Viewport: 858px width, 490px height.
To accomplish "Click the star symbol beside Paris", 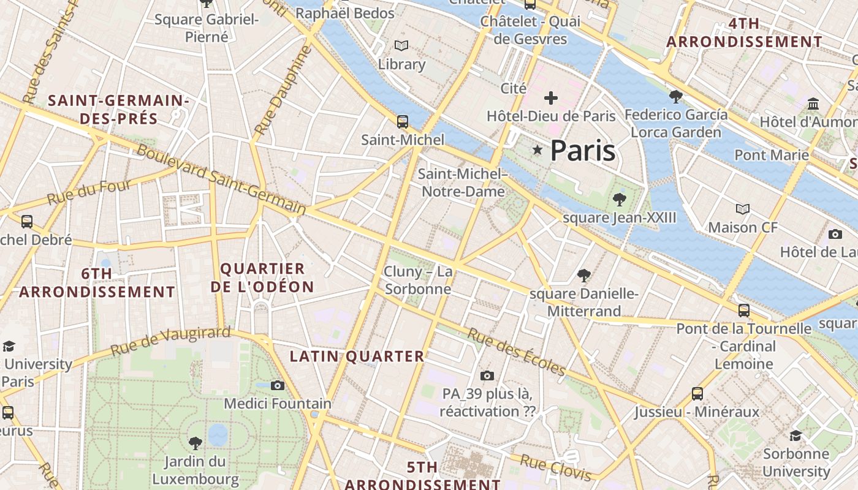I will point(538,150).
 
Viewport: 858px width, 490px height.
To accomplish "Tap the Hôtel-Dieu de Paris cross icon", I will point(551,97).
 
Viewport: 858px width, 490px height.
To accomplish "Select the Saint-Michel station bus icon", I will point(403,121).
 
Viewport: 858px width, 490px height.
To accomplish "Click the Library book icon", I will point(401,46).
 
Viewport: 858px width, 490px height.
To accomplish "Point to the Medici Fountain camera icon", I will point(278,385).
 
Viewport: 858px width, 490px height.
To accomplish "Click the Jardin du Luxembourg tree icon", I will point(196,442).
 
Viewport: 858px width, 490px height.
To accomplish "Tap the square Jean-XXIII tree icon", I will point(620,199).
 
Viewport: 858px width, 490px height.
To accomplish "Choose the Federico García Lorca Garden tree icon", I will point(676,96).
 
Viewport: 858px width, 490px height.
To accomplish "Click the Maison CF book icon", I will point(743,209).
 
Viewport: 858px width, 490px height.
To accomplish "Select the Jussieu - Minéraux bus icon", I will point(697,393).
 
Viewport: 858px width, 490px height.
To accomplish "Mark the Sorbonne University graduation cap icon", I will point(795,435).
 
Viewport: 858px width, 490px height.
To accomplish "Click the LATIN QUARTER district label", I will point(357,356).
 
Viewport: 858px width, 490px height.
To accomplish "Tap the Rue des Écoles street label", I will point(516,352).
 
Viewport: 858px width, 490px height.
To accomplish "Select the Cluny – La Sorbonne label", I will point(418,280).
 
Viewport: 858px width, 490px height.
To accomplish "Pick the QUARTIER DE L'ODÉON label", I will point(262,277).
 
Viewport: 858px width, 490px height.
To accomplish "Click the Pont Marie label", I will point(772,155).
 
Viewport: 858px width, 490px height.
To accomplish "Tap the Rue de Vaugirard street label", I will point(171,341).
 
